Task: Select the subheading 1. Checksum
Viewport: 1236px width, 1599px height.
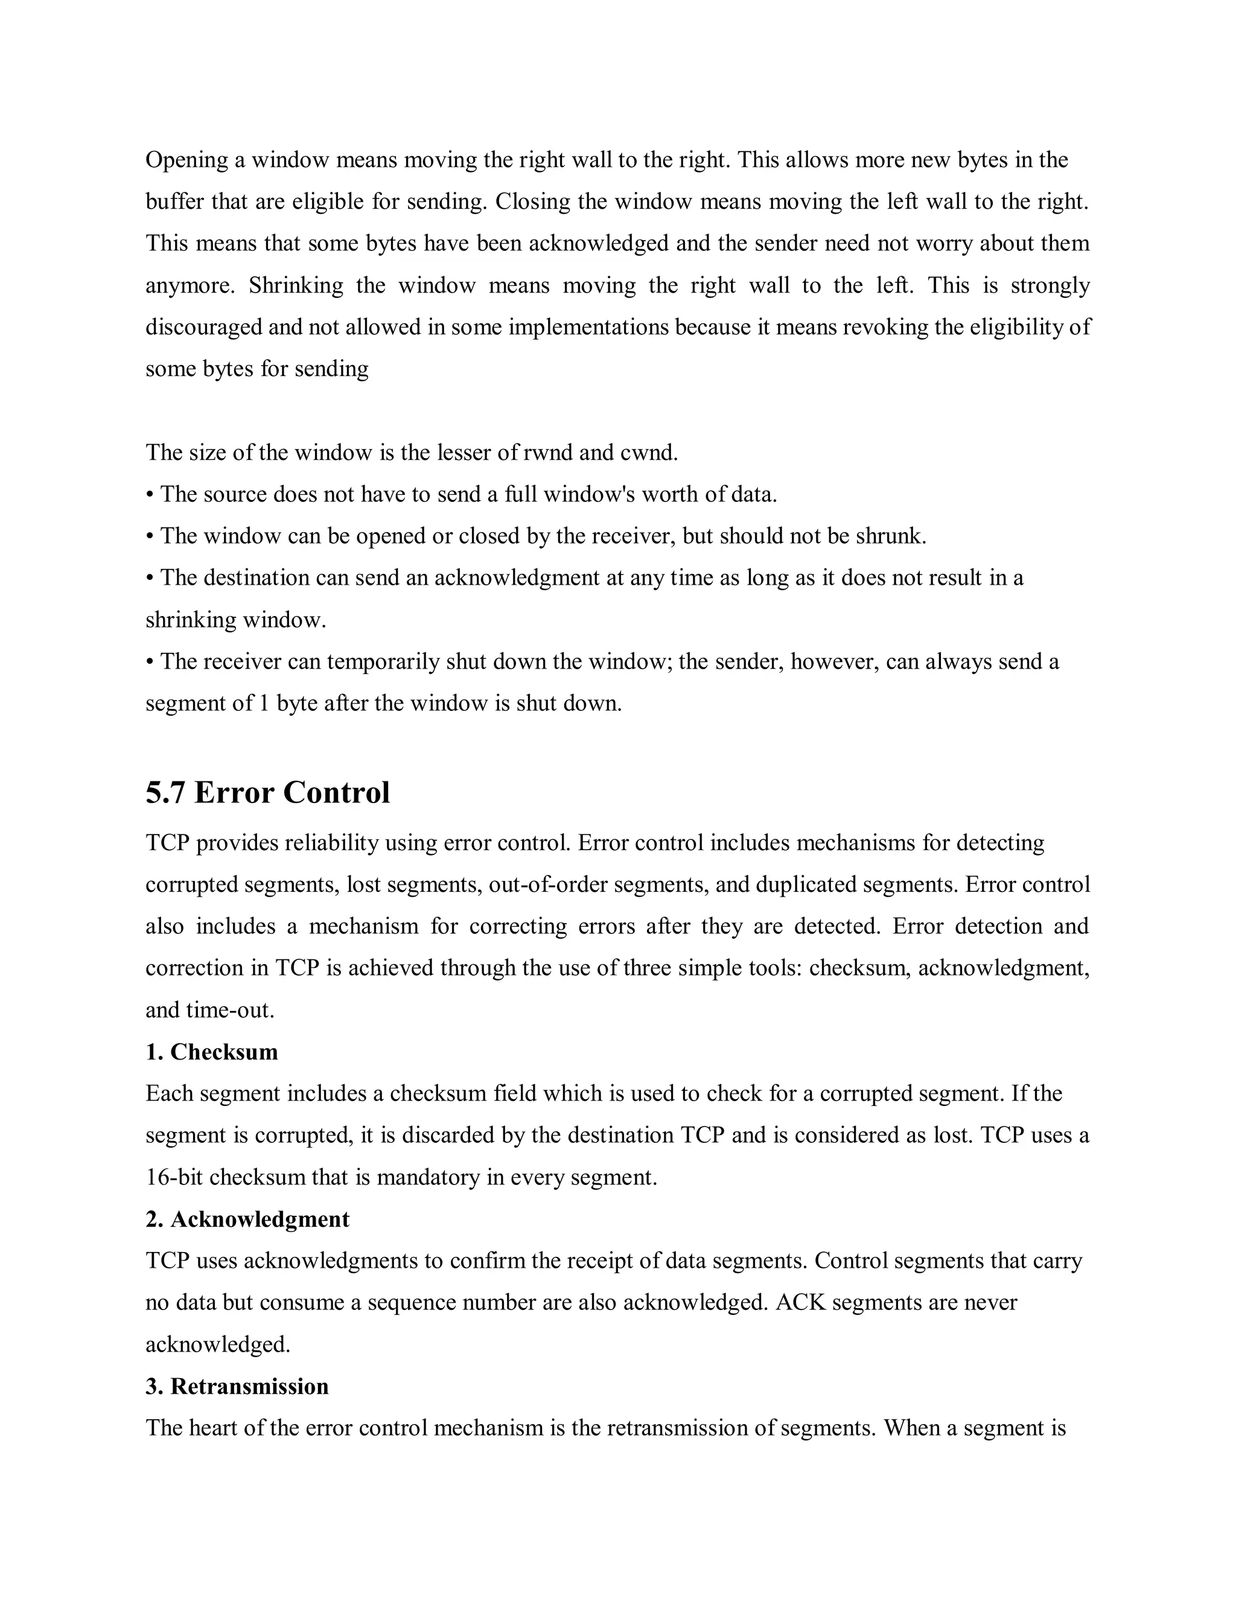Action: click(x=212, y=1052)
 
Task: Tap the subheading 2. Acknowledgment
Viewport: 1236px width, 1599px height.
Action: click(x=247, y=1219)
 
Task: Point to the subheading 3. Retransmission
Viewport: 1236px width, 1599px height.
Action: click(x=237, y=1386)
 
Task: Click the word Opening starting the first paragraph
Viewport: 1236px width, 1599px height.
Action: click(x=186, y=161)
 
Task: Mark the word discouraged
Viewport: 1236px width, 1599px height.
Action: click(x=203, y=326)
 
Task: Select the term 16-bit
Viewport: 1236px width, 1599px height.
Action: click(x=174, y=1177)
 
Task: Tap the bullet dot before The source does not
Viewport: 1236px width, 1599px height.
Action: click(x=150, y=495)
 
